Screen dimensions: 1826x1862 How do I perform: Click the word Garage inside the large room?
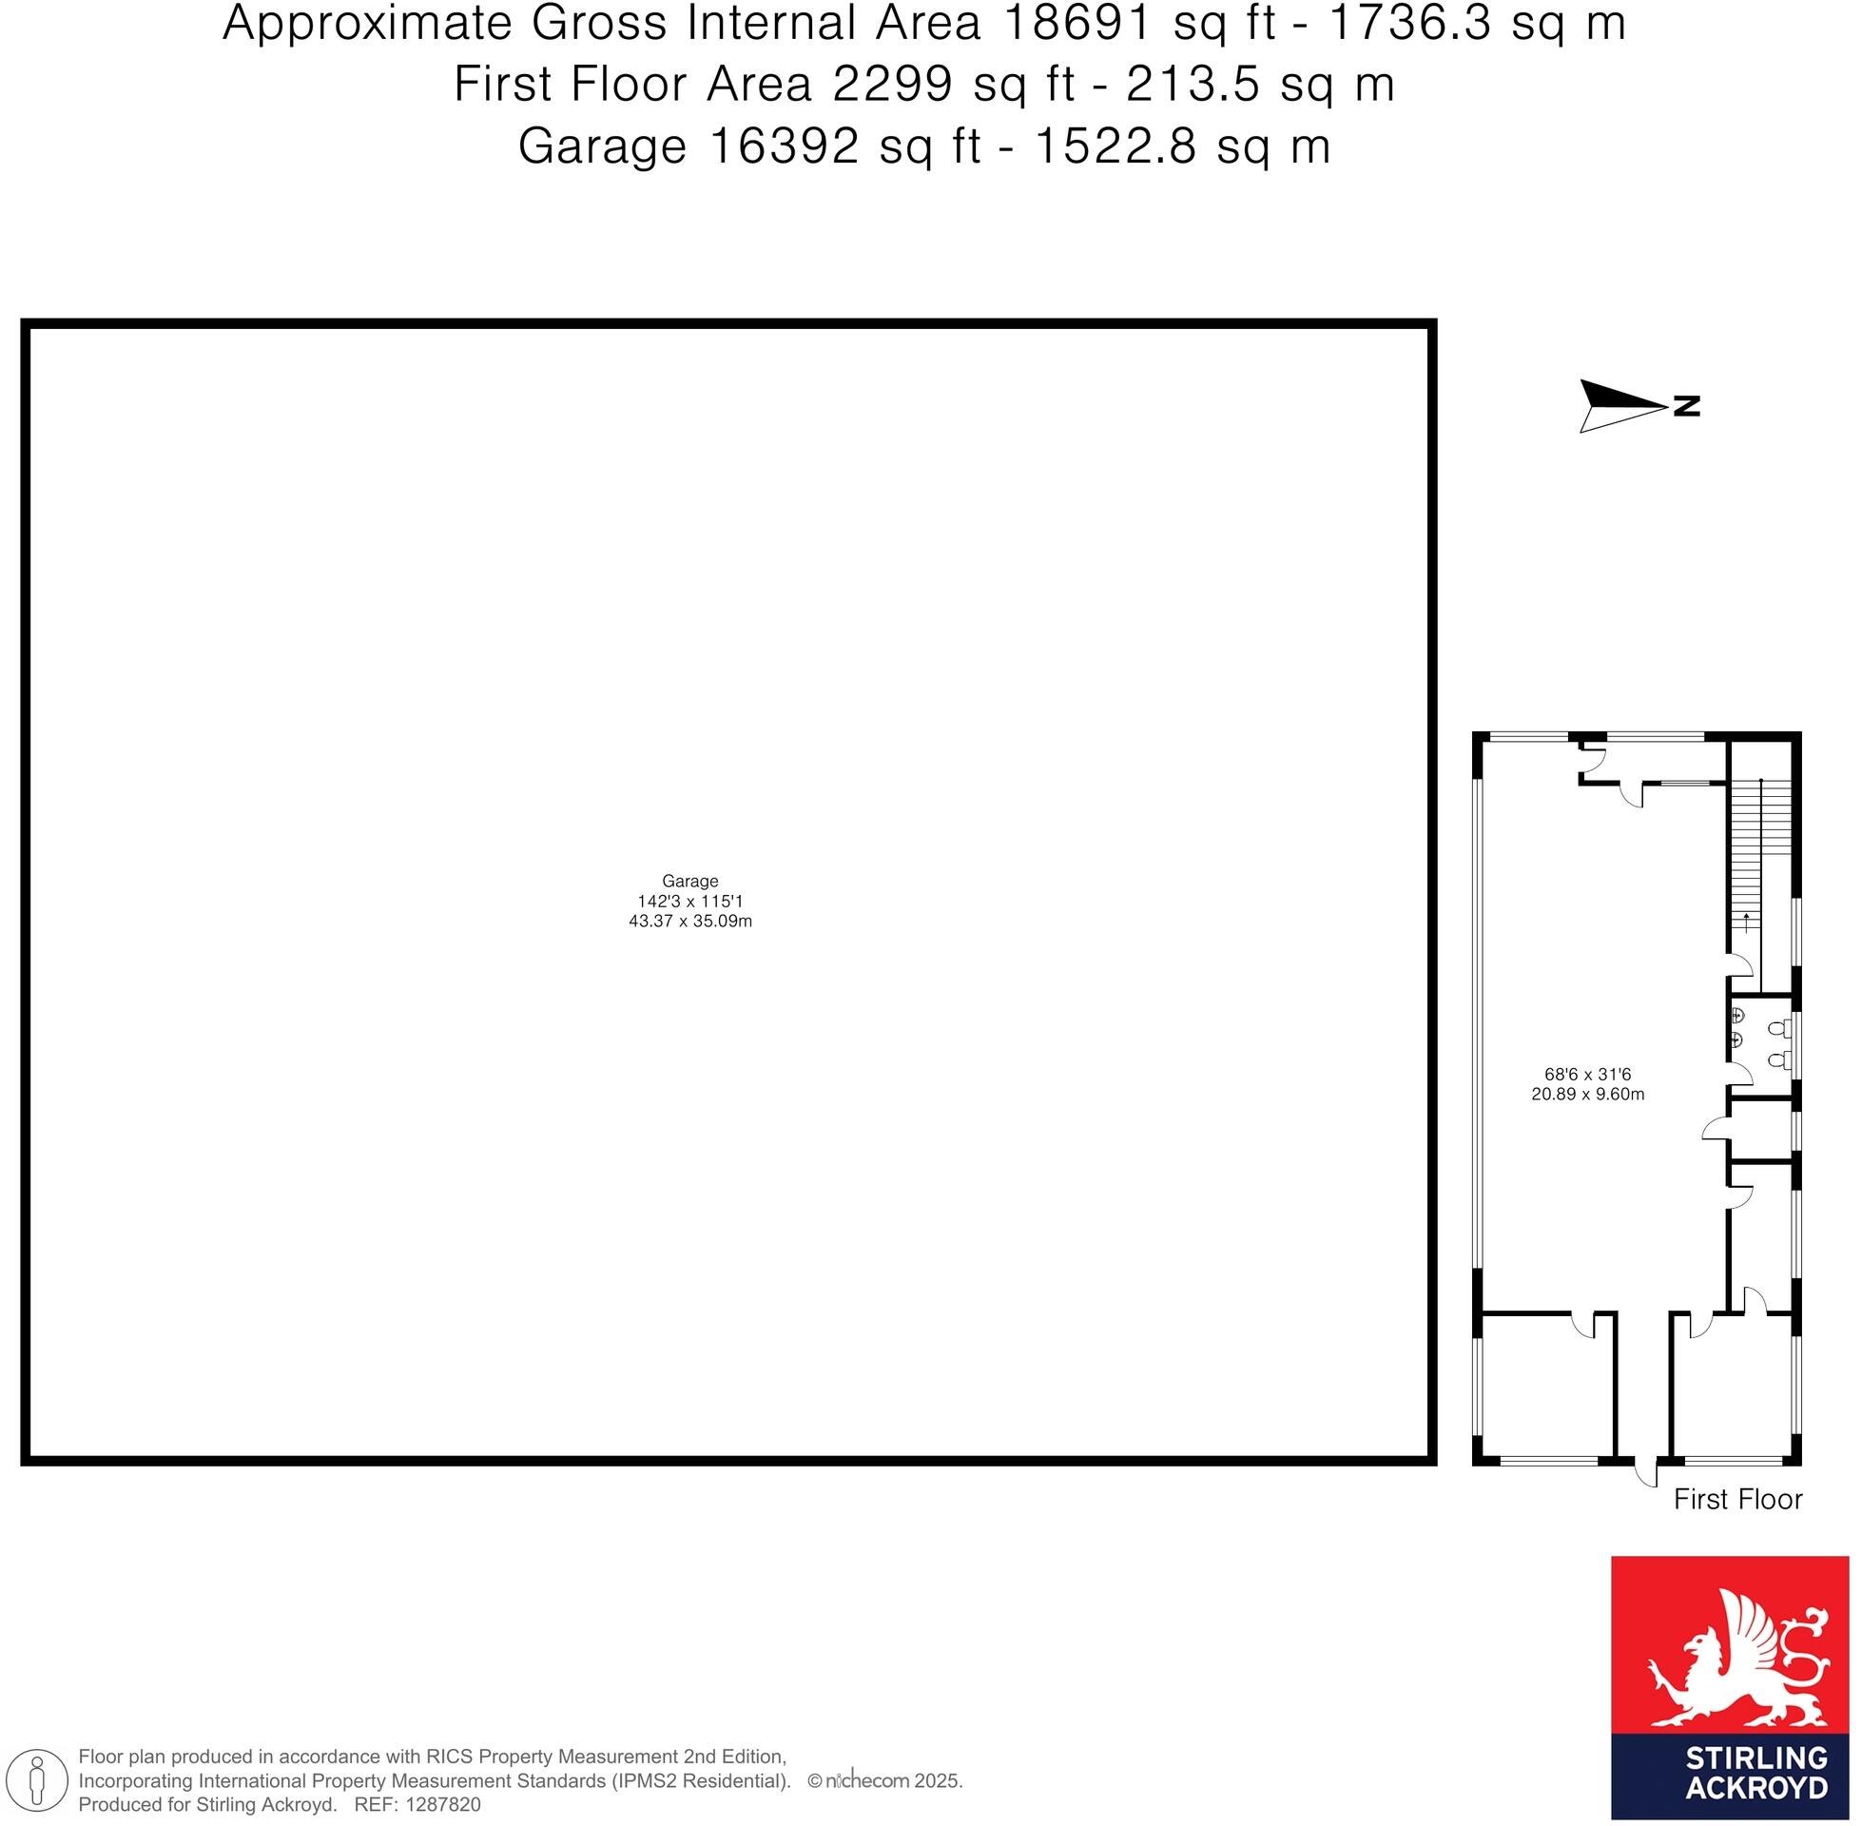[689, 881]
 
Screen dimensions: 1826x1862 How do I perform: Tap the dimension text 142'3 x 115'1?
[689, 902]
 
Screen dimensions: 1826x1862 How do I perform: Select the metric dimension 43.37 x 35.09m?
[689, 922]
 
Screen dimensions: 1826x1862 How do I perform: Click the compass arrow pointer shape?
[1620, 406]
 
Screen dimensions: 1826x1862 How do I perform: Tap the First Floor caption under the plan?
[1737, 1499]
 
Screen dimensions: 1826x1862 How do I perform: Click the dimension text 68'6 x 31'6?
[1587, 1074]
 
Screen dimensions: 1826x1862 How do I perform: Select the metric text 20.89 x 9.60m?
[1587, 1095]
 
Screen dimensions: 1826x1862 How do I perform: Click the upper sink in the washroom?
[1737, 1016]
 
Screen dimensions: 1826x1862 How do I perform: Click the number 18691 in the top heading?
[1075, 25]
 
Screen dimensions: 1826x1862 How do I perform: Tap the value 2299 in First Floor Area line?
[892, 86]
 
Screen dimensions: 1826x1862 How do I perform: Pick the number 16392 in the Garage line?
[783, 147]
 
